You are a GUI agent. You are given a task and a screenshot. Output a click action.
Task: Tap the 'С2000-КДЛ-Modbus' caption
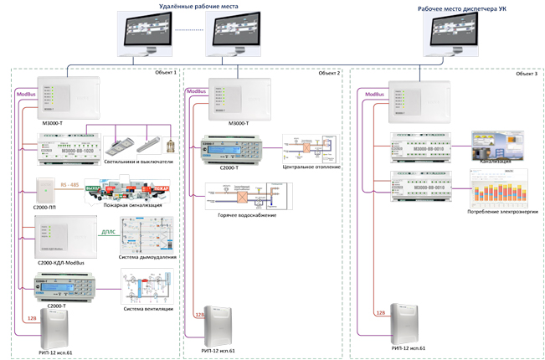pos(64,262)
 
